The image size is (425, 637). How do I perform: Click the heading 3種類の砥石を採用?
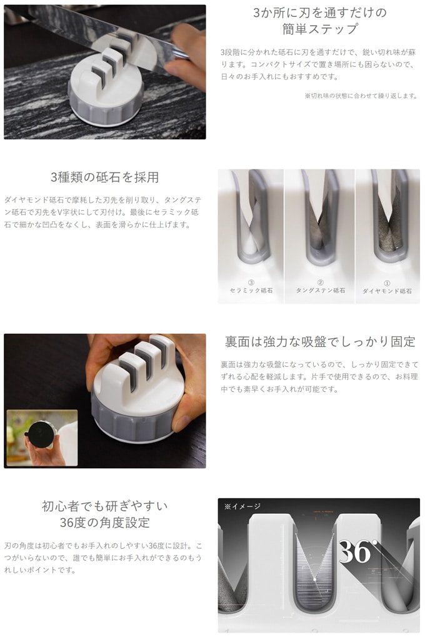104,178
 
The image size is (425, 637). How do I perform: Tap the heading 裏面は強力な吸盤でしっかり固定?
320,342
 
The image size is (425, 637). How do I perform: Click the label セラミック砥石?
251,291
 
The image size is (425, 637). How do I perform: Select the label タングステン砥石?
321,291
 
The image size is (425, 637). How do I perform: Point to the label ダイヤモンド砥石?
387,291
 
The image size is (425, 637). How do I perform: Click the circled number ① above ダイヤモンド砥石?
387,283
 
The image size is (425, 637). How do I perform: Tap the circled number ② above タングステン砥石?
321,283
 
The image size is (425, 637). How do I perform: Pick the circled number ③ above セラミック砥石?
251,283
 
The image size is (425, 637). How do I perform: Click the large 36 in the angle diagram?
355,552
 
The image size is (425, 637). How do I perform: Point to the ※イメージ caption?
242,506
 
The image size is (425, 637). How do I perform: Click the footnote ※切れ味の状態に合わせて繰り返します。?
361,96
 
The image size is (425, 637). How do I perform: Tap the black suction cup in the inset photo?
41,434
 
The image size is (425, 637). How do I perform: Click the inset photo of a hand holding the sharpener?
42,438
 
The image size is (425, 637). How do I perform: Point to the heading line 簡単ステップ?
320,29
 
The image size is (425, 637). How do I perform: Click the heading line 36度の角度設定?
105,523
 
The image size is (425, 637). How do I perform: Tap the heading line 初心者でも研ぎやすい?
105,506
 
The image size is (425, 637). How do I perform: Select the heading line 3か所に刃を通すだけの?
320,13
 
